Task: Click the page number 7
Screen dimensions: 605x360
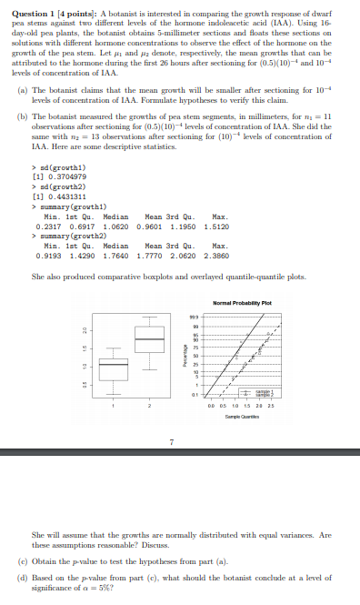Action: point(171,442)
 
